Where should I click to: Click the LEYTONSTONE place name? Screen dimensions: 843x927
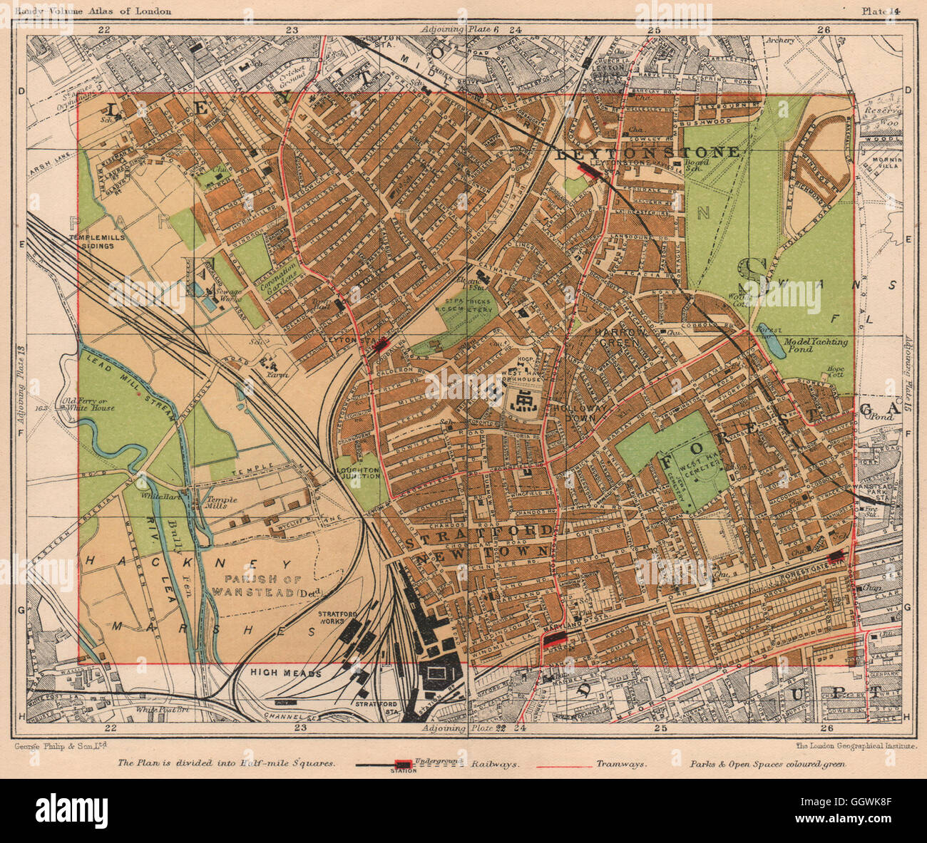coord(647,152)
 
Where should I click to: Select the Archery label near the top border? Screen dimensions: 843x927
coord(781,41)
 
